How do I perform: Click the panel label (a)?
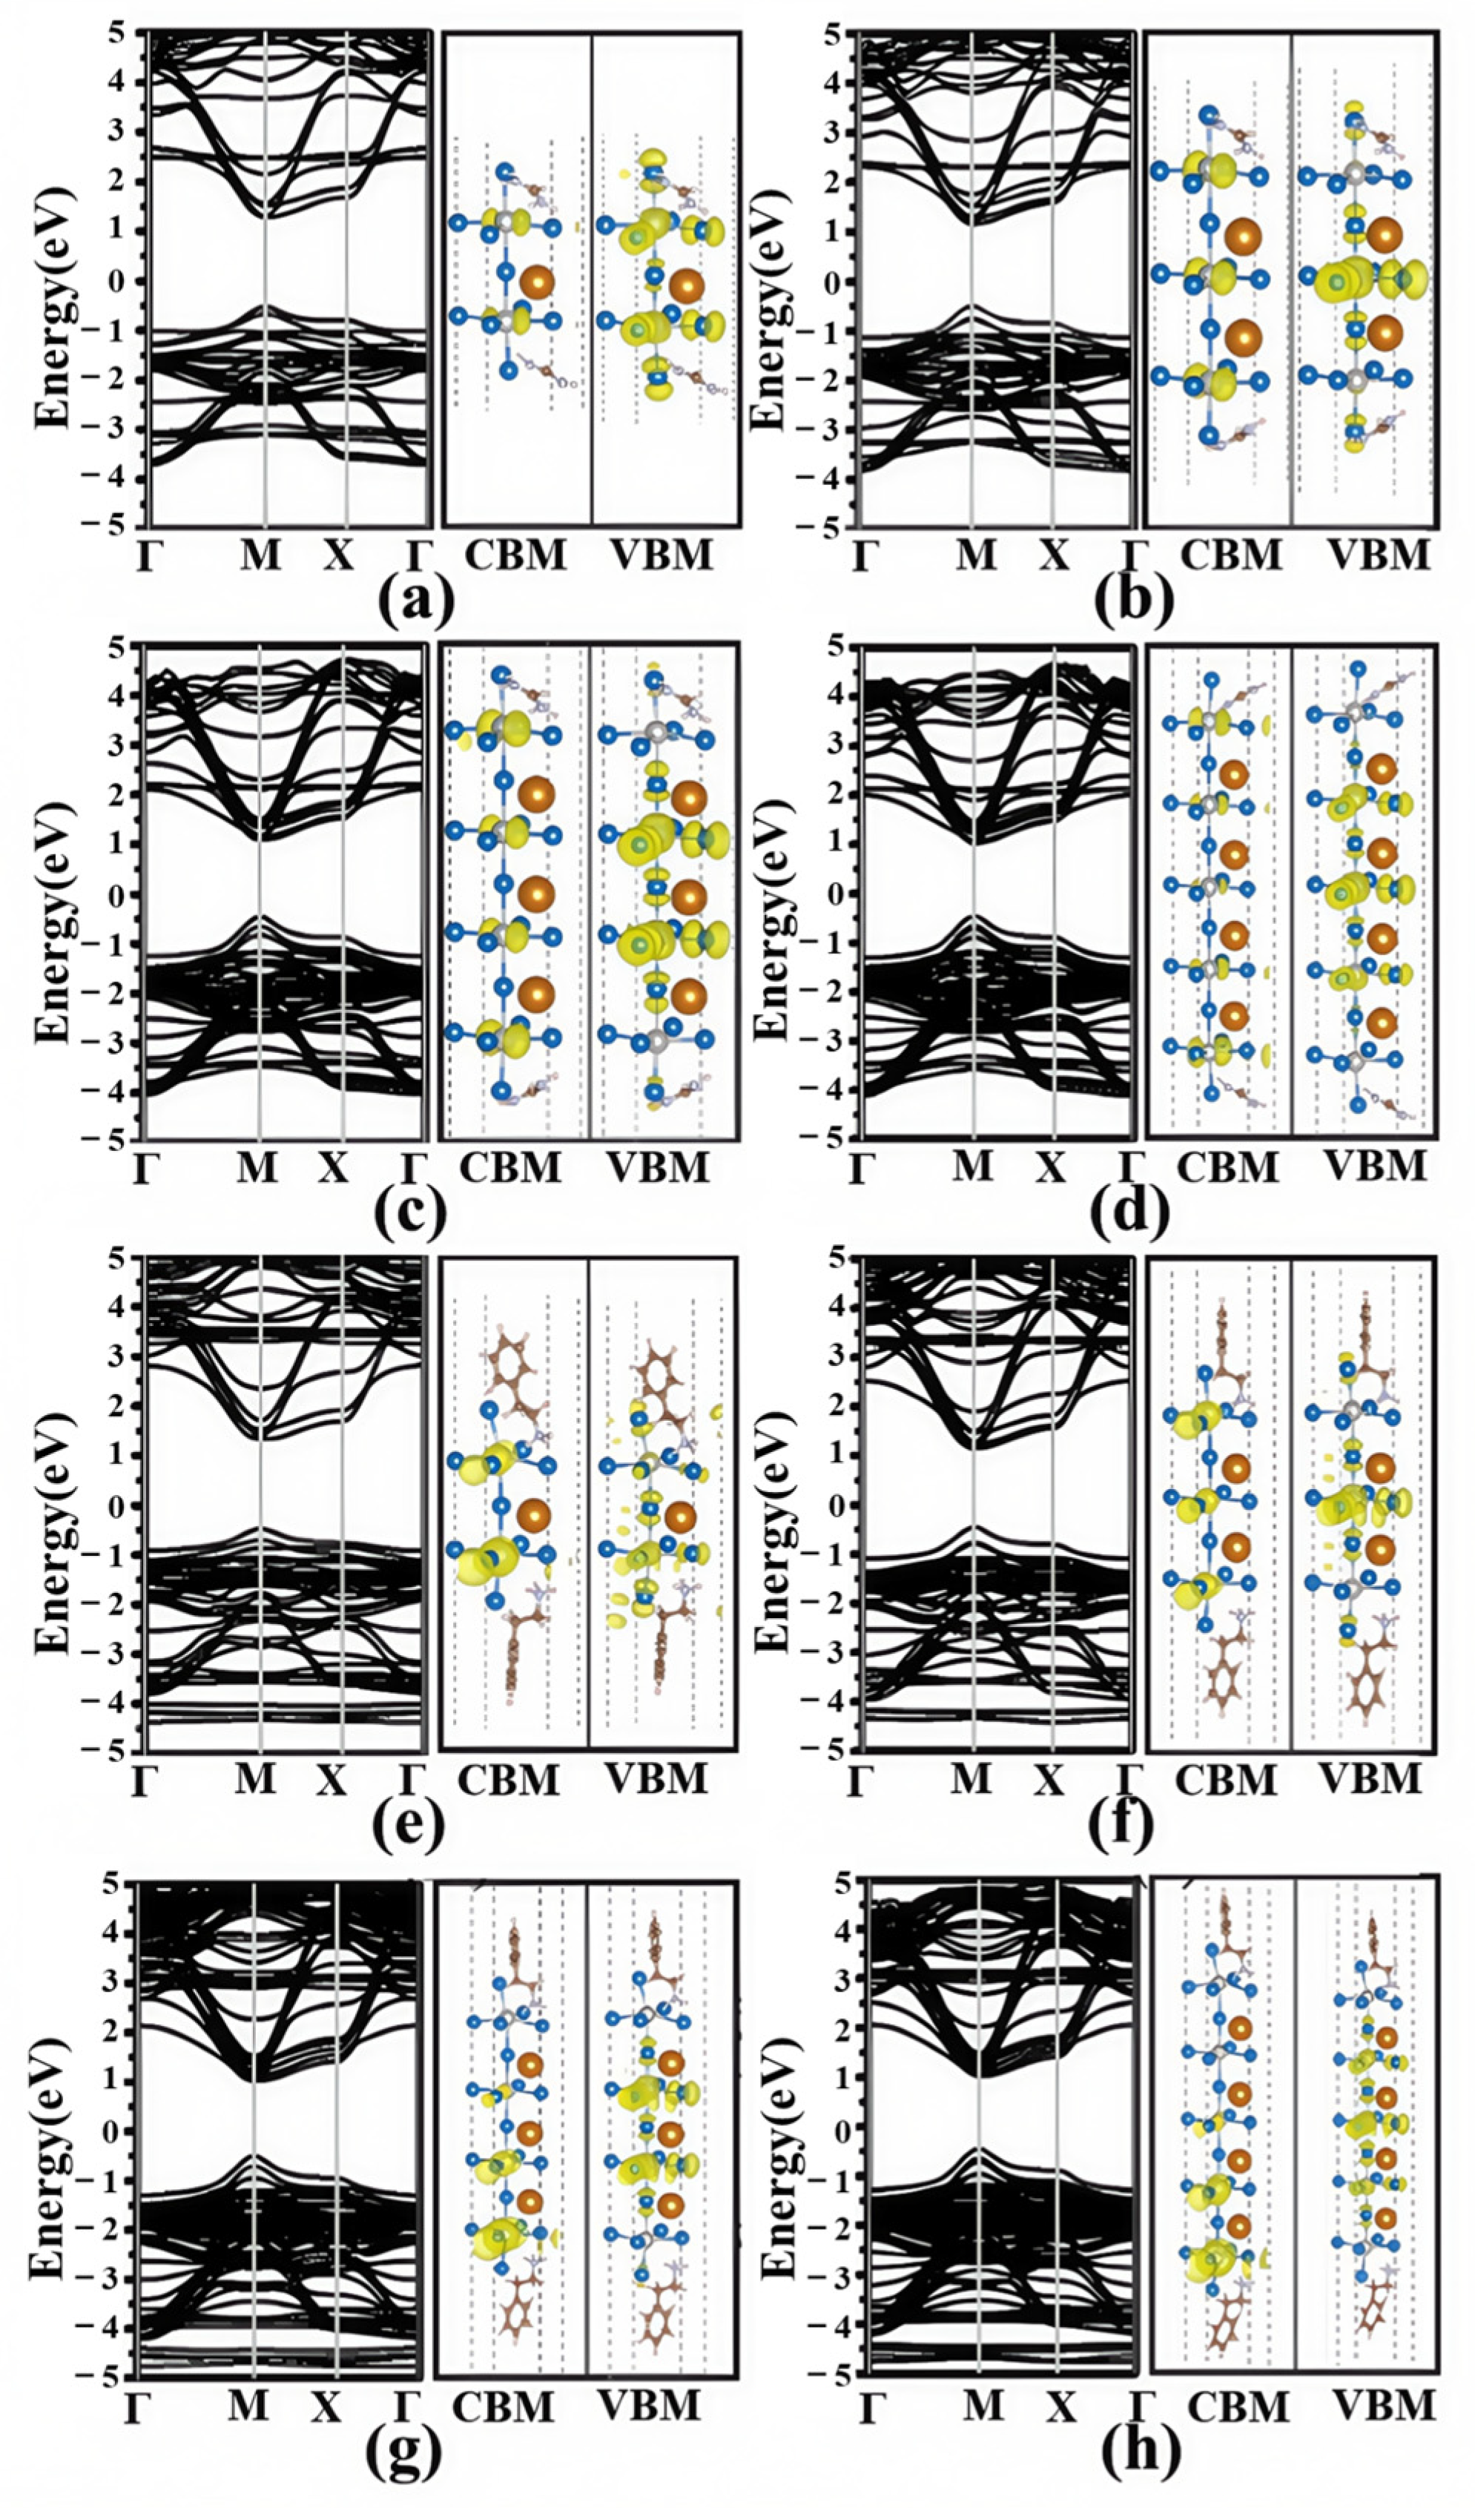point(415,600)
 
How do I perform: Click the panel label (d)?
point(1129,1210)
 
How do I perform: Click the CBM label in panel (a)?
point(515,555)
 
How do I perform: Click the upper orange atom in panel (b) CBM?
point(1243,238)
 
